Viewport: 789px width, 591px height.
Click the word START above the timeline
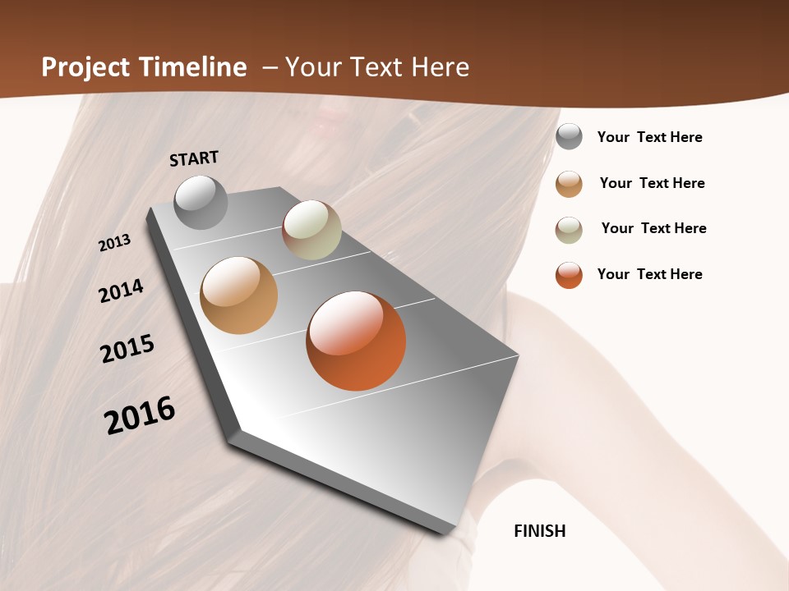pos(194,158)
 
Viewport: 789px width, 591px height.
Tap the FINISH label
pos(539,531)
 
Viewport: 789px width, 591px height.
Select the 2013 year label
pos(115,242)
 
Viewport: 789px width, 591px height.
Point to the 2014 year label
pos(121,291)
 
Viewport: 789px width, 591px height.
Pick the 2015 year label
pos(127,349)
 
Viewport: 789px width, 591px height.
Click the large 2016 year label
pos(140,415)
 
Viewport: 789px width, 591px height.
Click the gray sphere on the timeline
pos(201,202)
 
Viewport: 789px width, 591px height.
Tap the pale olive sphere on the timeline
pos(311,230)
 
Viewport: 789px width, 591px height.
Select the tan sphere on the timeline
pos(238,295)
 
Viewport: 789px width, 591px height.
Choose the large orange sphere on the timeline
pos(356,341)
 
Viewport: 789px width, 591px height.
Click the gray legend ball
pos(569,136)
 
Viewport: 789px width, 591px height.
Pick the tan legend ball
pos(569,184)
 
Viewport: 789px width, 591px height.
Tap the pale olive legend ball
pos(569,230)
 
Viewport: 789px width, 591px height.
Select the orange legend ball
pos(569,275)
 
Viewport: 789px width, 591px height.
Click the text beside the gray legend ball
pos(649,137)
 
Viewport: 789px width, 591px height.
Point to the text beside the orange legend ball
pos(649,274)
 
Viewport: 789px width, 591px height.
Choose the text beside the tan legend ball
pos(652,183)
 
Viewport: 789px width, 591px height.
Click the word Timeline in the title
pos(192,67)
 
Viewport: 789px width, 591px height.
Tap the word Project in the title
pos(85,67)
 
